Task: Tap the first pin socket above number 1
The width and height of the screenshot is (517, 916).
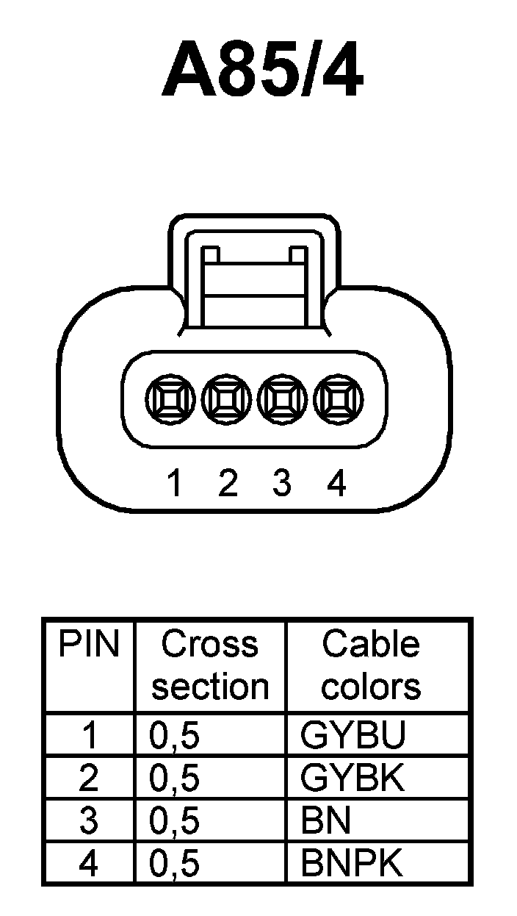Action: [x=170, y=400]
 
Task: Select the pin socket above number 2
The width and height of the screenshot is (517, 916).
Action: [x=226, y=400]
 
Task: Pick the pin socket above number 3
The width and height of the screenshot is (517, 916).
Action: [x=283, y=400]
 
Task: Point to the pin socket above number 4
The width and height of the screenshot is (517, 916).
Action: [x=339, y=400]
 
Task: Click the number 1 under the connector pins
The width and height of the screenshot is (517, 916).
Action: [x=174, y=484]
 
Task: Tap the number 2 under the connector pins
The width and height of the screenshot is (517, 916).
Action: [x=228, y=484]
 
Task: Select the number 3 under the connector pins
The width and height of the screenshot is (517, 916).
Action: [x=282, y=484]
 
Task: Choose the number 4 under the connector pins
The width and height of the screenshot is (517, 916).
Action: [x=336, y=484]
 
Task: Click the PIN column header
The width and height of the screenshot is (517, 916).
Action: [x=89, y=645]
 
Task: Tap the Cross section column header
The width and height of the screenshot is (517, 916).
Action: [x=210, y=665]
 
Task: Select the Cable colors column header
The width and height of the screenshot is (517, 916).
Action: [x=371, y=665]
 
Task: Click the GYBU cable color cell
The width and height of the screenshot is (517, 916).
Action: [x=352, y=736]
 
